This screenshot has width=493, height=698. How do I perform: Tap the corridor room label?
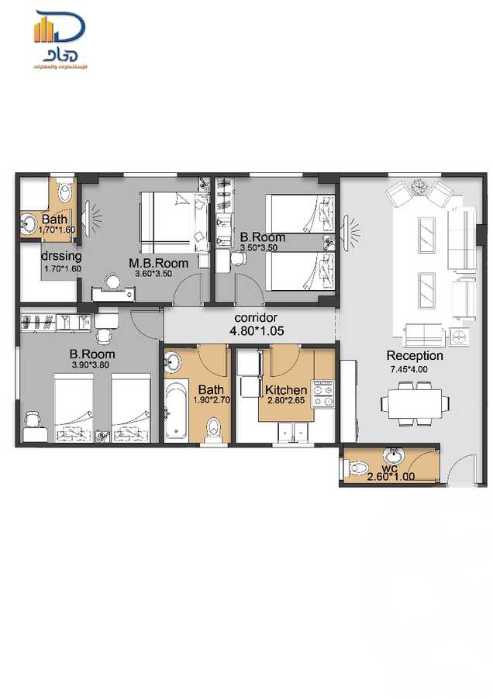click(256, 318)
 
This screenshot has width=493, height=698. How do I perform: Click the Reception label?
click(415, 356)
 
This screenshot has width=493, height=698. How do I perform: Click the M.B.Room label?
click(158, 263)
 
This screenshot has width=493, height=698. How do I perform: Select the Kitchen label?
click(285, 389)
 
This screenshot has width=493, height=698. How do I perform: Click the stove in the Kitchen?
click(322, 393)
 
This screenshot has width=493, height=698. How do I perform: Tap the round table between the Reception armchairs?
click(420, 186)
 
